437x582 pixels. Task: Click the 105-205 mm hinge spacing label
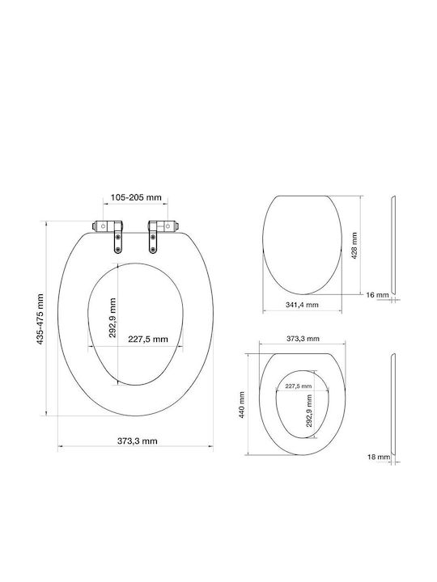[x=136, y=197]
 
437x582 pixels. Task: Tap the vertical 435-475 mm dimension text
[x=40, y=319]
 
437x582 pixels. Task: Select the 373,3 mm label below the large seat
[x=137, y=441]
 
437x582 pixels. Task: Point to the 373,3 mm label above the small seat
[x=303, y=339]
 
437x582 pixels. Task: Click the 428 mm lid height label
[x=354, y=246]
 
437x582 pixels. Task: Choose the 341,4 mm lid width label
[x=302, y=305]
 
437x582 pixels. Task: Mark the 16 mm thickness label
[x=377, y=295]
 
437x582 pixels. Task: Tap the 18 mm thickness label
[x=379, y=457]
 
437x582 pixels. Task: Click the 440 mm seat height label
[x=242, y=405]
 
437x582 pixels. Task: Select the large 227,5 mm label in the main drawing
[x=148, y=339]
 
